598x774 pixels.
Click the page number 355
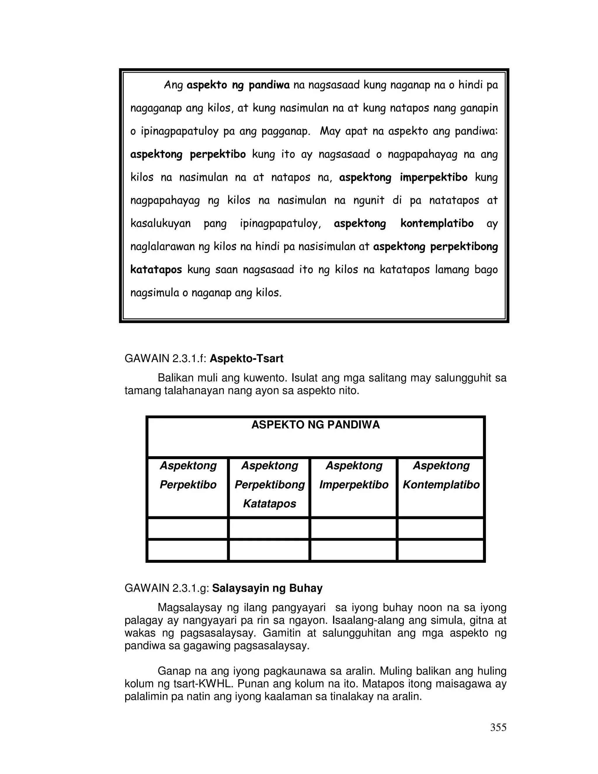[498, 728]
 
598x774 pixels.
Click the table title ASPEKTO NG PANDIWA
[315, 425]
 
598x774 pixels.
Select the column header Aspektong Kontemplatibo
[441, 475]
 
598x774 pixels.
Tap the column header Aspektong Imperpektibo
[354, 475]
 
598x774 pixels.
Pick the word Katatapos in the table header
[269, 504]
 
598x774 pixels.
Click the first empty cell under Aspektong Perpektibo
[187, 529]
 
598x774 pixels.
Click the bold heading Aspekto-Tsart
[246, 359]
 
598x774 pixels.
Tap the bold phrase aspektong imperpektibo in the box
[403, 177]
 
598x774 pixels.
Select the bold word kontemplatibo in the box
[437, 223]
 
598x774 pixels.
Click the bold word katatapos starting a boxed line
[156, 270]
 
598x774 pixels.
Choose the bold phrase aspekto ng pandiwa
[238, 85]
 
